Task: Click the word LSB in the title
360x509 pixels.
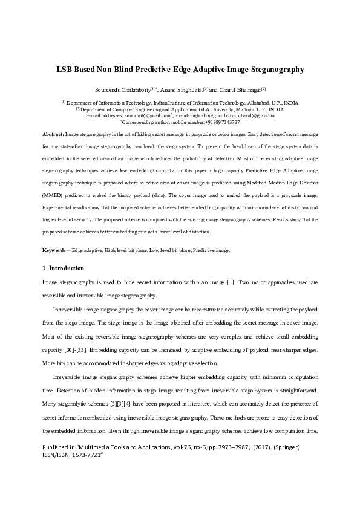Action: [65, 70]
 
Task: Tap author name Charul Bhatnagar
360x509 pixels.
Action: [238, 89]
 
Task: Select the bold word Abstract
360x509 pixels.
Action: [53, 133]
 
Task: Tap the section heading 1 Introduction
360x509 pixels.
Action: [63, 268]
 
